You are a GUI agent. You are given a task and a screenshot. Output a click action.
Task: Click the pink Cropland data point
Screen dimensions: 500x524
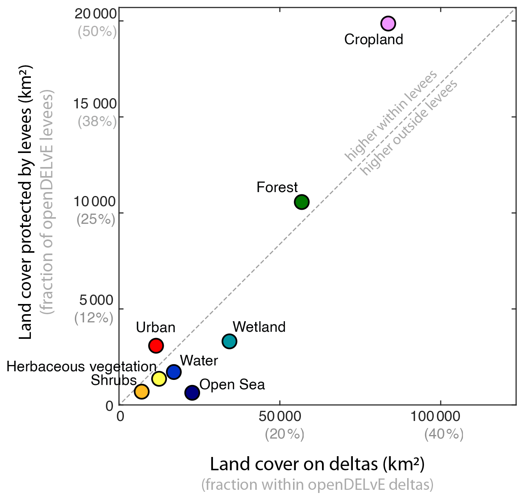(388, 23)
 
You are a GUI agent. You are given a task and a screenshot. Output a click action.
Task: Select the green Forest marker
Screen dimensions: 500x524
(302, 202)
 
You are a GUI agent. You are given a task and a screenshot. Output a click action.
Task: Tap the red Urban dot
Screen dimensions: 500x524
(156, 345)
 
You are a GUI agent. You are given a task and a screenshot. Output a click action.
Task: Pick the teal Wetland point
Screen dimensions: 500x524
(229, 341)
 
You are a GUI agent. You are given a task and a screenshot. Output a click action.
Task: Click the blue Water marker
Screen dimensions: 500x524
(173, 372)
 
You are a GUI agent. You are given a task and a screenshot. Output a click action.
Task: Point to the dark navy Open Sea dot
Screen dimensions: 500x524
(192, 392)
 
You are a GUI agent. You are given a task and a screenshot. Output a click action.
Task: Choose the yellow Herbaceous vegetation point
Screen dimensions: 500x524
(159, 378)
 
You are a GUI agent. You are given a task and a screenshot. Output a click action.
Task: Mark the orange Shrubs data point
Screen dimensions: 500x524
(141, 391)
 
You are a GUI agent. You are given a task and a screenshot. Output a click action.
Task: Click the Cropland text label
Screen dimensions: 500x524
(374, 40)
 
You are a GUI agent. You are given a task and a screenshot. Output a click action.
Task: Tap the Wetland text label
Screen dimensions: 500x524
(259, 327)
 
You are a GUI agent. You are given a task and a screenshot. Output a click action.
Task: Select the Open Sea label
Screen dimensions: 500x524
(232, 385)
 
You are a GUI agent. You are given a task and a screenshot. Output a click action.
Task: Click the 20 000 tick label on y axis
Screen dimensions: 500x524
(96, 14)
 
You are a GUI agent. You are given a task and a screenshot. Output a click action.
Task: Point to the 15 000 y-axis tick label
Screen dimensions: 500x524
(95, 104)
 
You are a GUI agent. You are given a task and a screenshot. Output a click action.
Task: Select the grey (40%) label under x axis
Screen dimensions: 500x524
(444, 434)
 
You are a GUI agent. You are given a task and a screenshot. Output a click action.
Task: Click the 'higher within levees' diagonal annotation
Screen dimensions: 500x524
(390, 116)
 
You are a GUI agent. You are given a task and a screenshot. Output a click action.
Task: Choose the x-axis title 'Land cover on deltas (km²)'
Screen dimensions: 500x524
(317, 464)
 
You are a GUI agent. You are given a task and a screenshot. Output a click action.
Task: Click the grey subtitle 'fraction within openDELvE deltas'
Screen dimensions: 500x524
(317, 485)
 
